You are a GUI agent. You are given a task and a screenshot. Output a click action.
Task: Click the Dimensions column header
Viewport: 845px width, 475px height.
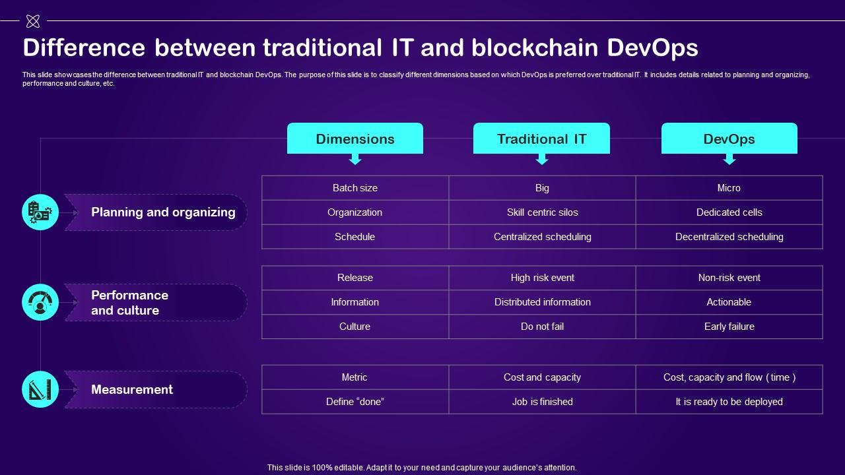355,139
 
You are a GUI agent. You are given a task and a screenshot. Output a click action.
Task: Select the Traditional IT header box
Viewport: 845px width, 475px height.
541,139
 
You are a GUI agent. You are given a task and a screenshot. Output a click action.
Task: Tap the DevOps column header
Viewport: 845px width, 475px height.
729,139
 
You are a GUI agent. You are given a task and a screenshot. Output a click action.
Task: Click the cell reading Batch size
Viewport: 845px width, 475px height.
355,188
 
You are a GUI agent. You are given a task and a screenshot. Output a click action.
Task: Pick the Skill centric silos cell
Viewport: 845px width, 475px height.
542,212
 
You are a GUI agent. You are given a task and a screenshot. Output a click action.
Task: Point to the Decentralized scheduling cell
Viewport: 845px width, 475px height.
729,237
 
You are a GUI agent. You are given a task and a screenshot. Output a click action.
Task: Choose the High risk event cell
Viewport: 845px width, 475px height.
542,278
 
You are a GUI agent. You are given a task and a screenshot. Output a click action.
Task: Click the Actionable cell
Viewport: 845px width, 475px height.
729,302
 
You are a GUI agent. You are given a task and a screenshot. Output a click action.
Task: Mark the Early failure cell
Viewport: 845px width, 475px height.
729,327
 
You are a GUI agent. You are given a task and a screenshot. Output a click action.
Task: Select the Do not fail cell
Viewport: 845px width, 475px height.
542,327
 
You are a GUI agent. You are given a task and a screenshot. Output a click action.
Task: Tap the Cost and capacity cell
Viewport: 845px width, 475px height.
542,377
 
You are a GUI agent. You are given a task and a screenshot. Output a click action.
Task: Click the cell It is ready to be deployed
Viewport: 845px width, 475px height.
729,402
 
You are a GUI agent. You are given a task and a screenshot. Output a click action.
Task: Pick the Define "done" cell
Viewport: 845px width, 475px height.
355,402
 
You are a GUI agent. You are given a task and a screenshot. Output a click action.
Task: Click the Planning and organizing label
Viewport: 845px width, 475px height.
163,212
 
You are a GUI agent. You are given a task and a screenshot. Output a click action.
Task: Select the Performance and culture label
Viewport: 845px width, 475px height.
129,303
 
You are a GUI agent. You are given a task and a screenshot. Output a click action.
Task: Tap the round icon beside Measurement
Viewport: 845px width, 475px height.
40,389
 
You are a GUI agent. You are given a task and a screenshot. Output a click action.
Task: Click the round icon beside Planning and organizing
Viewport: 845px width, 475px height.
40,212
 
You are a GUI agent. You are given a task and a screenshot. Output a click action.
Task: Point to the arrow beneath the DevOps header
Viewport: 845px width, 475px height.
729,159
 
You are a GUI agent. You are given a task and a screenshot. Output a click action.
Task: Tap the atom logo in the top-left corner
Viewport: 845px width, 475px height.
32,22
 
